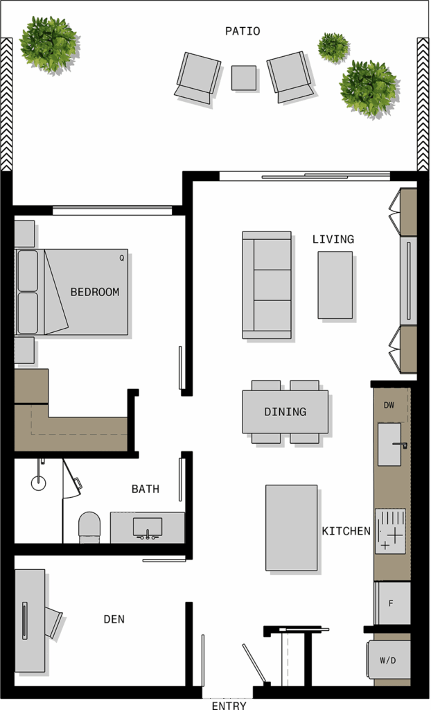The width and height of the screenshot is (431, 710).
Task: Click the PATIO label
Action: pos(243,31)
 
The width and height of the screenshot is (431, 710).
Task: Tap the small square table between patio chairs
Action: pos(244,78)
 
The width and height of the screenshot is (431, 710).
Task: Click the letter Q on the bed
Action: pos(121,258)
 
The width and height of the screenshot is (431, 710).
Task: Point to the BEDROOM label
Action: pos(95,292)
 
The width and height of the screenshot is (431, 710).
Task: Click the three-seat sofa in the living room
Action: pos(267,285)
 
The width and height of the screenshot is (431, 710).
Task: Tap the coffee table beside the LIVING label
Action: pos(335,285)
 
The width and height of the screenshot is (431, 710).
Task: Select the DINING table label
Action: pos(285,412)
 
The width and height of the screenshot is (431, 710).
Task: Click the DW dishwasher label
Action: pos(389,405)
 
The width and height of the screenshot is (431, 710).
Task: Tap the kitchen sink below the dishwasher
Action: pos(390,444)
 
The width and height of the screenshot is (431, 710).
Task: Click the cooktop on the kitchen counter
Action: pos(390,531)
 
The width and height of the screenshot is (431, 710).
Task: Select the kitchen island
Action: pos(292,528)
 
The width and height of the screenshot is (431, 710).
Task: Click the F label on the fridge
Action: pos(392,603)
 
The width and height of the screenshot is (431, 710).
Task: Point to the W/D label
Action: pos(388,660)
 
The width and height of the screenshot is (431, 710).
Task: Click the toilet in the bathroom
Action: pos(89,527)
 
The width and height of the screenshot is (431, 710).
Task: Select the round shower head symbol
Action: pos(39,483)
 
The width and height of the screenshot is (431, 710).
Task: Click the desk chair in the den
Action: pos(53,623)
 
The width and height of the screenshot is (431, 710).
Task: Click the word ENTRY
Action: pos(229,705)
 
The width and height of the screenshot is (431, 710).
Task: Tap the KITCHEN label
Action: pos(346,530)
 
